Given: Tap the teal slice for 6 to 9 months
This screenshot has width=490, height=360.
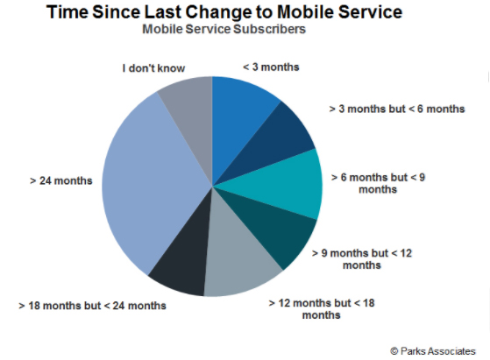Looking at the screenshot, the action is coord(281,186).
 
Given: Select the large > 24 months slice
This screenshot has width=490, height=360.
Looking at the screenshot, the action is coord(147,184).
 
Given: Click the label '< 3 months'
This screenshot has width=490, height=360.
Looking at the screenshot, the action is coord(271,67).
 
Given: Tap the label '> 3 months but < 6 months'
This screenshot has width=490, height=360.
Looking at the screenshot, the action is coord(397,109).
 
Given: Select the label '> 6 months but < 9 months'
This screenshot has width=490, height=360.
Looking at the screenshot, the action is coord(378,183).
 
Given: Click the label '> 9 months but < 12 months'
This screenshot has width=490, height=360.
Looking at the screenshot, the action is coord(362,259).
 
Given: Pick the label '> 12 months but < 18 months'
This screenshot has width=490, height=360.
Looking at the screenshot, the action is coord(322,309).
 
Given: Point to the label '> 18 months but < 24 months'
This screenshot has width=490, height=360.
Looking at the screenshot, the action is coord(93,306).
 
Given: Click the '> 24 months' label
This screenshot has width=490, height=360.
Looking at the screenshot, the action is coord(61,180).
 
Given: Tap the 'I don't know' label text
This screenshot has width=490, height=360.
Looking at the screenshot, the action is coord(153,68).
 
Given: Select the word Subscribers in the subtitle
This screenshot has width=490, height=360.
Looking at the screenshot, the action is coord(269,29).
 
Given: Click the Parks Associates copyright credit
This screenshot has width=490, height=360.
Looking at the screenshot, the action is coord(433,351).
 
